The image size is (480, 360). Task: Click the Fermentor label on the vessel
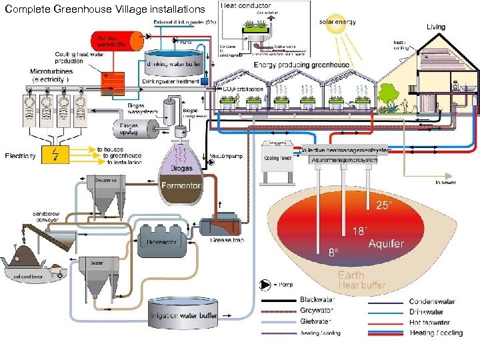point(180,185)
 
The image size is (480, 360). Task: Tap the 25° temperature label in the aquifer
point(385,205)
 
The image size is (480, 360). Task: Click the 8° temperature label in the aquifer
point(332,253)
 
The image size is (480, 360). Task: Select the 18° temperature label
point(359,231)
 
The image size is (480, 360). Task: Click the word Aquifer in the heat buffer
point(386,244)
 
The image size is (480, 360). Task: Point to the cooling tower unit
point(279,161)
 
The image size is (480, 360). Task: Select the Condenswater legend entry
point(431,301)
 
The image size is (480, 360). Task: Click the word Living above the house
point(436,27)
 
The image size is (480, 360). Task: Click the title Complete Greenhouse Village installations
point(104,9)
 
